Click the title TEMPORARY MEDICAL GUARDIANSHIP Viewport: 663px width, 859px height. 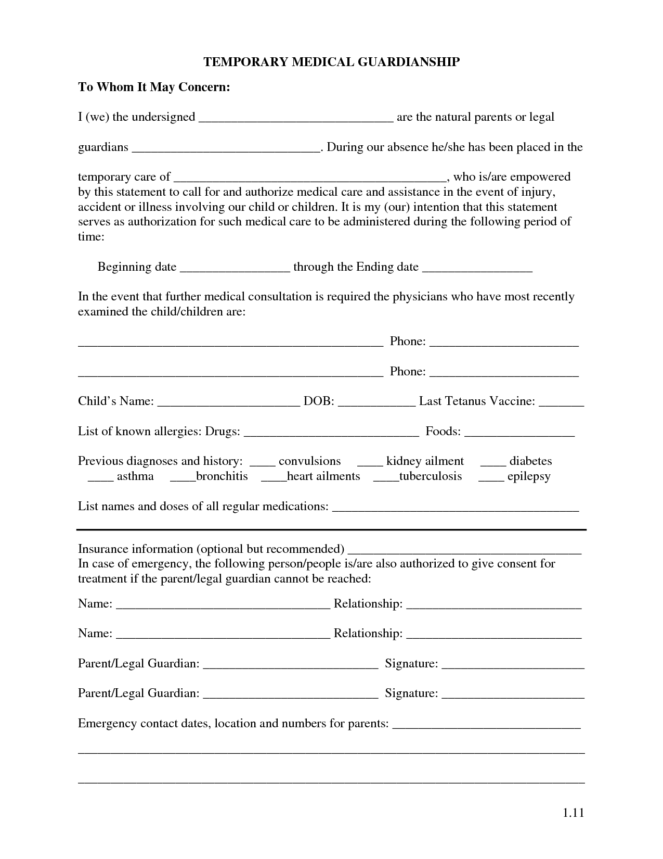(331, 62)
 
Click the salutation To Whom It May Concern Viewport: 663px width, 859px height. (154, 87)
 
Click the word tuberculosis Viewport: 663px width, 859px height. (430, 476)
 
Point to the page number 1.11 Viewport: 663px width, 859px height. (574, 813)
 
